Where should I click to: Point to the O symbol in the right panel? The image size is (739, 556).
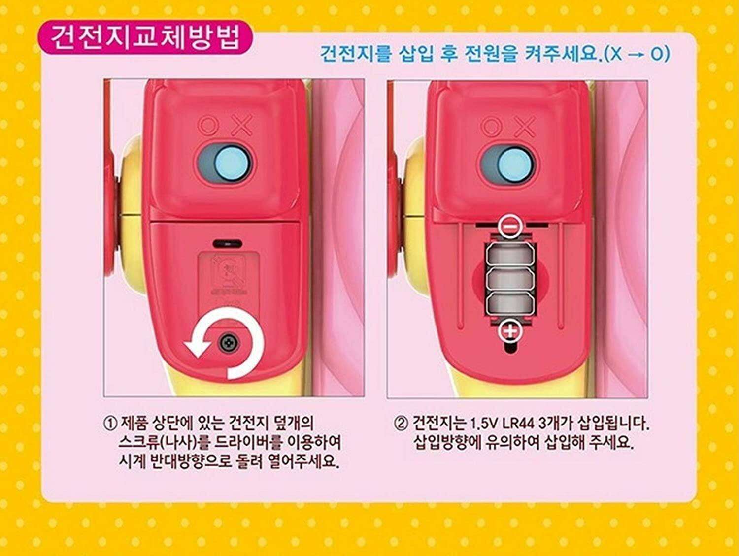tap(491, 126)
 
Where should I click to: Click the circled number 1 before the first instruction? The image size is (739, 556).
tap(111, 423)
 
